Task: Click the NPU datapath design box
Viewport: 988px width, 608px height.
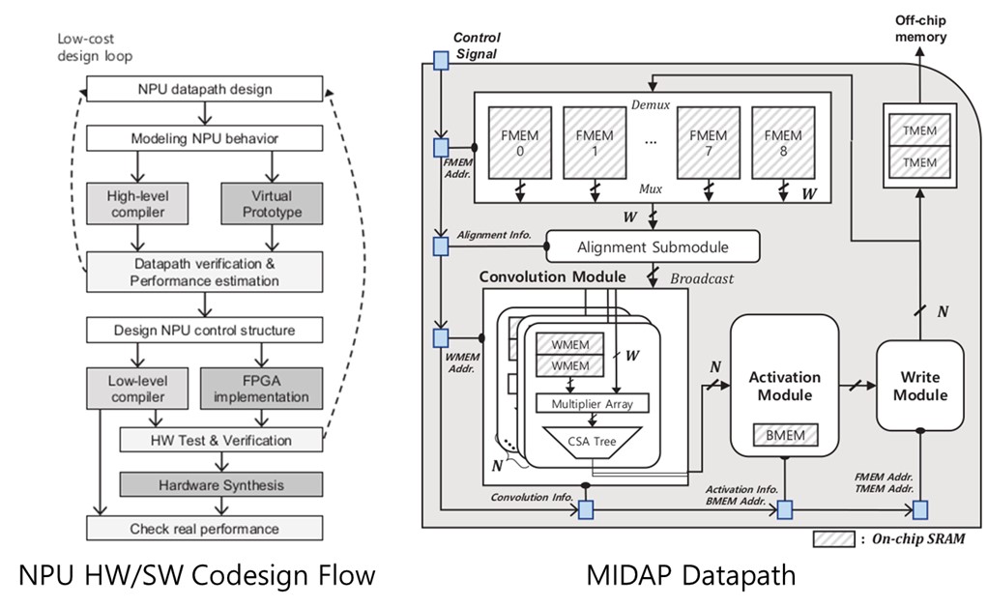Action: click(204, 90)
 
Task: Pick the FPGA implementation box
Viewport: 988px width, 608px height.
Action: click(260, 389)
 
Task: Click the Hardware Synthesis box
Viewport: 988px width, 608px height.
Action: click(220, 484)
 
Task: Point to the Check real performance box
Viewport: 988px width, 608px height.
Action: click(204, 529)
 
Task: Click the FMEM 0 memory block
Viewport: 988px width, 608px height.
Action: click(520, 143)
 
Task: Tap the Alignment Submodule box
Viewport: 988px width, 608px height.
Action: click(653, 246)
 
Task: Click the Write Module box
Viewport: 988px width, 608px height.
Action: click(919, 386)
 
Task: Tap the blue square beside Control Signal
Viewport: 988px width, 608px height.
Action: click(440, 60)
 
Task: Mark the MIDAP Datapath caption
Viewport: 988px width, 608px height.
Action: click(691, 577)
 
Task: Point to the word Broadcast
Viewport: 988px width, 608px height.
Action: click(702, 278)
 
